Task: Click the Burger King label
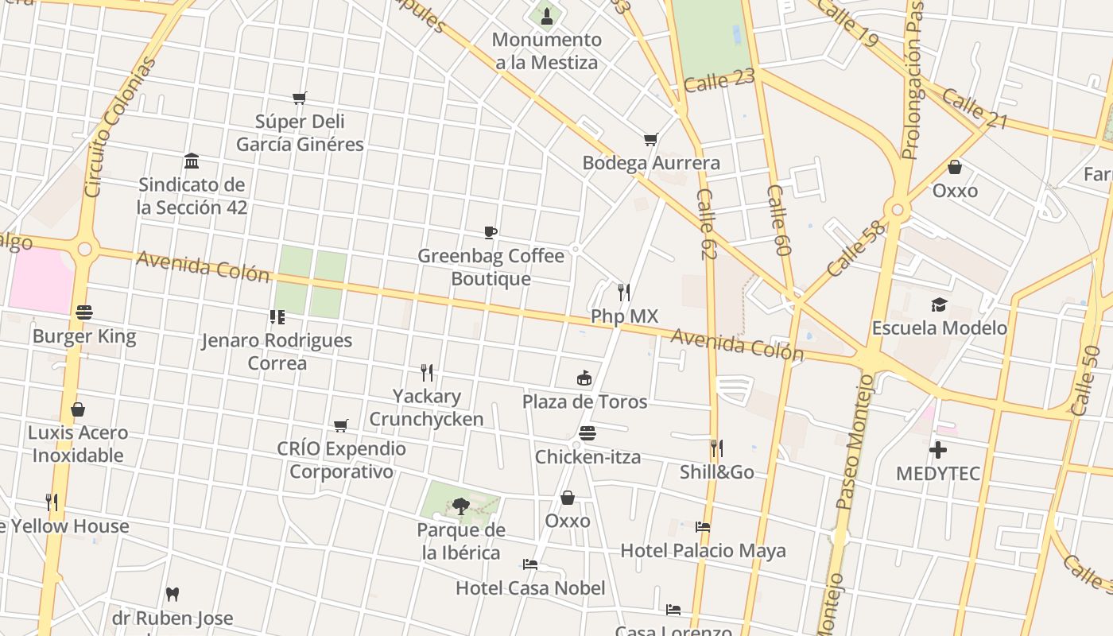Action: click(x=84, y=336)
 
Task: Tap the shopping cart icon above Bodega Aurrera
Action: click(x=650, y=140)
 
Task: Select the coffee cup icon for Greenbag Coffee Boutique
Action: click(x=491, y=232)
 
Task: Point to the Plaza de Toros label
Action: click(x=584, y=401)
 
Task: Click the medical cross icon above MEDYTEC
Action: click(x=938, y=451)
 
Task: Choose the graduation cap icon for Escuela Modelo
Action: click(x=939, y=305)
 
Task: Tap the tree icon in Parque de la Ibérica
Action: click(x=460, y=506)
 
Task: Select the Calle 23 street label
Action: click(x=719, y=80)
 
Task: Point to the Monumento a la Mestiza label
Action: click(x=546, y=51)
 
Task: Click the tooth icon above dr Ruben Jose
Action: click(x=173, y=594)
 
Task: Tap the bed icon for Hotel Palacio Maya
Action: click(x=702, y=527)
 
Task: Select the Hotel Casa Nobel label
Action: click(x=530, y=588)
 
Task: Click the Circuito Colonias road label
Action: click(x=117, y=127)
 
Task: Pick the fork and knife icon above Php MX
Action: click(x=624, y=293)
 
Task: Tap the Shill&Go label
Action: click(x=716, y=472)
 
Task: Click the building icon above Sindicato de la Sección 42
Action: click(x=192, y=161)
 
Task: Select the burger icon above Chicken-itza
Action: click(x=588, y=433)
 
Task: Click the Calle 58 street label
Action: click(x=855, y=250)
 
